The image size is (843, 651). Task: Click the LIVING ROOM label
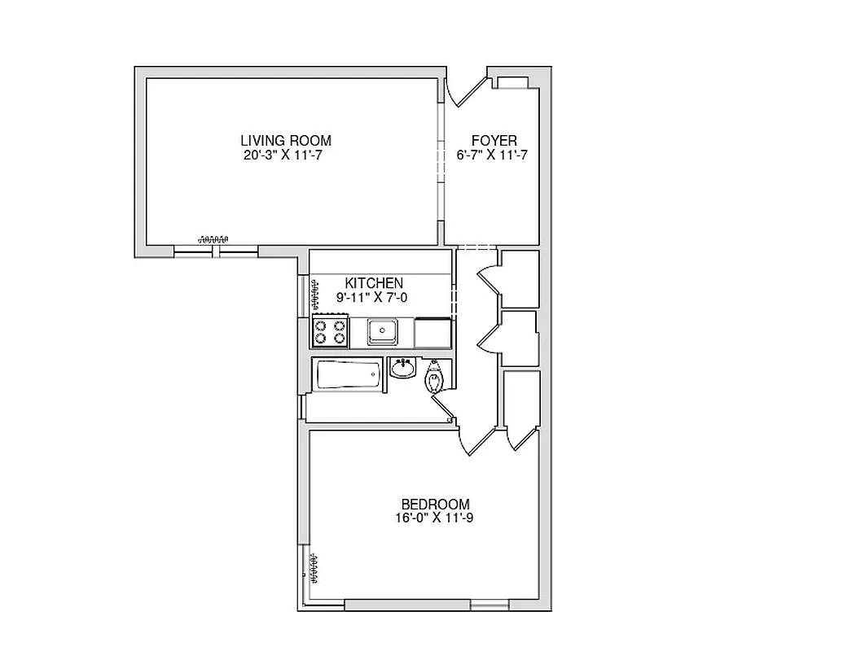pyautogui.click(x=285, y=140)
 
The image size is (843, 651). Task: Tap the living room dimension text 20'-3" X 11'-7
pyautogui.click(x=285, y=154)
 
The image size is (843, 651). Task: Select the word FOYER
pyautogui.click(x=494, y=141)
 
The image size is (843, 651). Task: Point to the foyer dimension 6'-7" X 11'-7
pyautogui.click(x=493, y=155)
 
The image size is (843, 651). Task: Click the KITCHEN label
pyautogui.click(x=374, y=283)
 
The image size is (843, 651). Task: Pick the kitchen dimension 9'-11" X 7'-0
pyautogui.click(x=372, y=298)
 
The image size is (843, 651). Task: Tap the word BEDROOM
pyautogui.click(x=435, y=504)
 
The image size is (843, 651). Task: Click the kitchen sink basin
pyautogui.click(x=381, y=330)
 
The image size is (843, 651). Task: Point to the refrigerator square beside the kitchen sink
pyautogui.click(x=432, y=333)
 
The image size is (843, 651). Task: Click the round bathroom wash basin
pyautogui.click(x=402, y=369)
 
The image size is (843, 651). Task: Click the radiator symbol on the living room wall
pyautogui.click(x=214, y=238)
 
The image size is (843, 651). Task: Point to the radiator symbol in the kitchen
pyautogui.click(x=314, y=295)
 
